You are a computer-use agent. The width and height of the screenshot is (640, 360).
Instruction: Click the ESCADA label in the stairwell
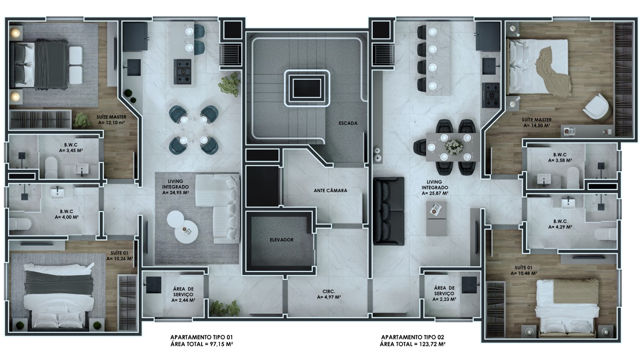point(348,123)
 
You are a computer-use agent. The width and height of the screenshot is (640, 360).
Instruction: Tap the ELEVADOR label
point(281,240)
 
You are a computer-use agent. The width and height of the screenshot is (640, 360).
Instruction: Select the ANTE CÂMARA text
point(330,190)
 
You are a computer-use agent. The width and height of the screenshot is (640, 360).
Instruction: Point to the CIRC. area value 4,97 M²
point(329,297)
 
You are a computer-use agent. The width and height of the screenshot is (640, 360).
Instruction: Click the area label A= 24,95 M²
point(175,193)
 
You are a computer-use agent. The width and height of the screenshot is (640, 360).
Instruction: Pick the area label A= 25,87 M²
point(435,193)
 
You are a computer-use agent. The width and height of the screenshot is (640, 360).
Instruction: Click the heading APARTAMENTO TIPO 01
point(202,337)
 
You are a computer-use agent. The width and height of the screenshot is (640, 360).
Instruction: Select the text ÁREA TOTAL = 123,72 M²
point(413,344)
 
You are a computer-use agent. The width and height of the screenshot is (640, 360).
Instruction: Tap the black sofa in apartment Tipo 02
point(389,211)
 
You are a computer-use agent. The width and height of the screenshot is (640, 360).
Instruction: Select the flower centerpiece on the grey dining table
point(454,147)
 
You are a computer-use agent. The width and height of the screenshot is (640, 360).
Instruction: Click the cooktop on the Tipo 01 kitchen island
point(182,71)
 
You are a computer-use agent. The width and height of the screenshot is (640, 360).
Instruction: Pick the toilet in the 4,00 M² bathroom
point(20,224)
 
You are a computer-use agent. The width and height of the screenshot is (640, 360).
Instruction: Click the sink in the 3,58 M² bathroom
point(544,180)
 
